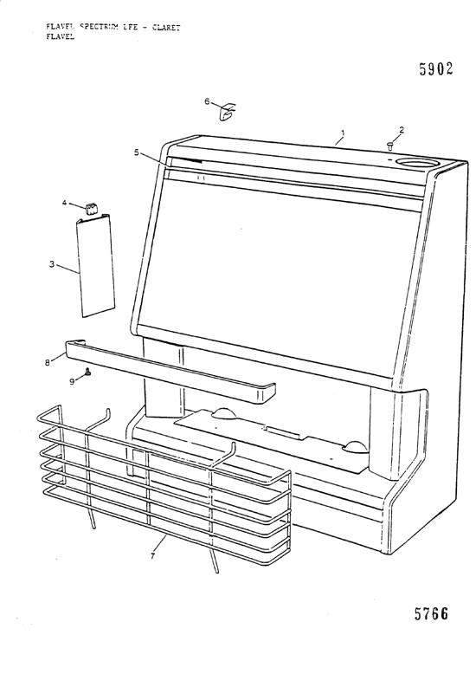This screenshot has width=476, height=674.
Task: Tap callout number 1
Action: coord(343,133)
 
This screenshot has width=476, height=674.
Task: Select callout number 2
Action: coord(402,130)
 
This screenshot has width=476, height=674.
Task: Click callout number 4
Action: coord(65,203)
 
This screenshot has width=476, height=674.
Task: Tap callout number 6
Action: coord(207,101)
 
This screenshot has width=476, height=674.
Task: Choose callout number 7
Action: coord(153,555)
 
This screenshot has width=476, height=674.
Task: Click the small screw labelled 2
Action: coord(390,146)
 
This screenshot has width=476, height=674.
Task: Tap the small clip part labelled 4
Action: coord(91,208)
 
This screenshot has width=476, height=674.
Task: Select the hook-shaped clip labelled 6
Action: coord(228,111)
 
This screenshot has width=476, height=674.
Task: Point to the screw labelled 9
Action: coord(87,373)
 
